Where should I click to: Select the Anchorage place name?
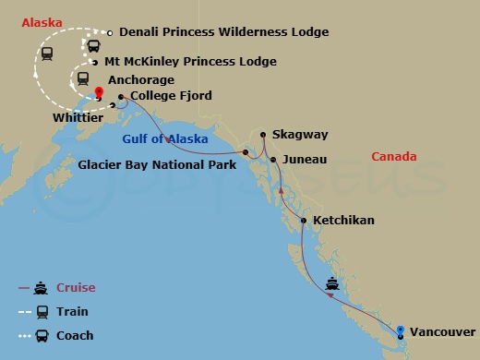click(x=141, y=80)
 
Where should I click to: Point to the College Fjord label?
click(x=171, y=95)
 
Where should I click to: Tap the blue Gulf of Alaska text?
click(x=165, y=138)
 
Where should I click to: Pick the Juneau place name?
click(x=306, y=160)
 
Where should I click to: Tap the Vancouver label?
click(x=443, y=330)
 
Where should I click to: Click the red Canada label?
click(x=394, y=157)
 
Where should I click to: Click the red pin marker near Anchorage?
click(x=100, y=92)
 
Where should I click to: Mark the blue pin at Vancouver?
click(x=400, y=330)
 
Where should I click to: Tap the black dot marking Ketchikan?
click(x=304, y=221)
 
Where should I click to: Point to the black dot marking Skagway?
click(x=263, y=136)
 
